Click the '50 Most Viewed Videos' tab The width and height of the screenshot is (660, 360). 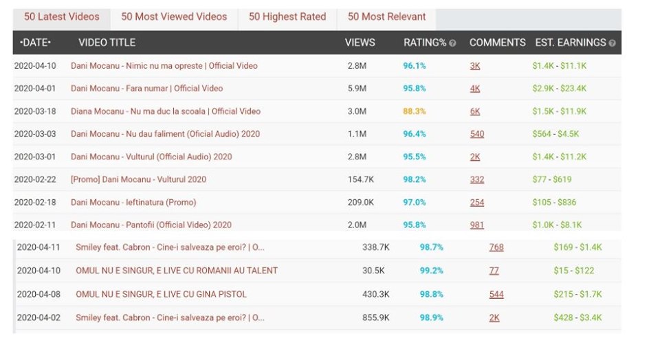tap(174, 17)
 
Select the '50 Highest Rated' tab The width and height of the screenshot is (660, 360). tap(287, 17)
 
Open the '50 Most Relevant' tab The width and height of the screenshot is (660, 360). tap(386, 17)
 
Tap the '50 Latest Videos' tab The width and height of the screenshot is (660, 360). tap(62, 17)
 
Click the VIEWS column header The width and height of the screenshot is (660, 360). tap(360, 43)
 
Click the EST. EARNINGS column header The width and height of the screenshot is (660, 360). tap(571, 43)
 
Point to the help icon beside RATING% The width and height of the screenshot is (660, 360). tap(452, 43)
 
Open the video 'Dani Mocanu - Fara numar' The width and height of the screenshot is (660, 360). tap(146, 89)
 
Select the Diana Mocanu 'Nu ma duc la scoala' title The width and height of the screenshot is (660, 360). tap(165, 111)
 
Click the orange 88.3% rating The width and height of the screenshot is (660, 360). tap(415, 111)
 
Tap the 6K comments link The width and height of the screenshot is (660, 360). tap(475, 111)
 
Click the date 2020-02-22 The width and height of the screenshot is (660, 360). tap(35, 179)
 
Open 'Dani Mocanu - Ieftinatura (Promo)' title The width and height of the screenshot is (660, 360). tap(133, 202)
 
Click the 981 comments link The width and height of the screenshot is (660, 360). tap(477, 225)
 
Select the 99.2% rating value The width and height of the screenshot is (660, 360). tap(432, 271)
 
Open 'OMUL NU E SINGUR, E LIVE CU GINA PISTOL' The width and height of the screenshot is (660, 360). tap(161, 294)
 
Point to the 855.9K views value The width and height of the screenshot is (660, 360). tap(376, 317)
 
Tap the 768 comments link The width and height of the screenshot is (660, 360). tap(496, 247)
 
